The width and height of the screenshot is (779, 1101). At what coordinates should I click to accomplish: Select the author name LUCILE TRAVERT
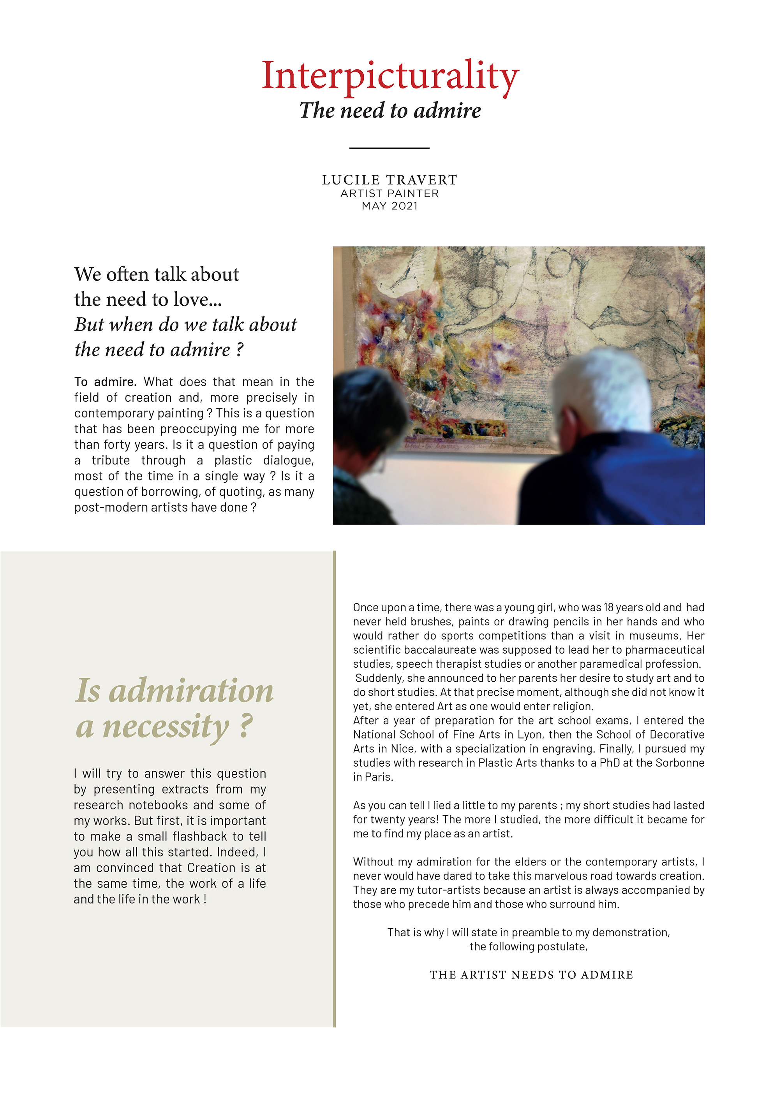point(389,180)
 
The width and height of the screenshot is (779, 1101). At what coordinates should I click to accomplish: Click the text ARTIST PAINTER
point(389,193)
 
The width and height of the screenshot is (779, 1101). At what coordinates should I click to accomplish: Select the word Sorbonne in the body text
point(680,763)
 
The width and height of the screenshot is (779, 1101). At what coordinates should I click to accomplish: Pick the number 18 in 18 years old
point(608,608)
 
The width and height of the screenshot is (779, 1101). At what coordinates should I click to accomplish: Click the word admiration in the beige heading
point(191,691)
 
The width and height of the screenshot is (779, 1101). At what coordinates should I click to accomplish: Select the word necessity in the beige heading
point(166,727)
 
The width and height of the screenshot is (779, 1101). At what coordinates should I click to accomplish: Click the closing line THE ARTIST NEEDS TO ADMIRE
point(531,975)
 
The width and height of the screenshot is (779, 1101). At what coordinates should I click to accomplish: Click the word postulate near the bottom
point(562,946)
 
